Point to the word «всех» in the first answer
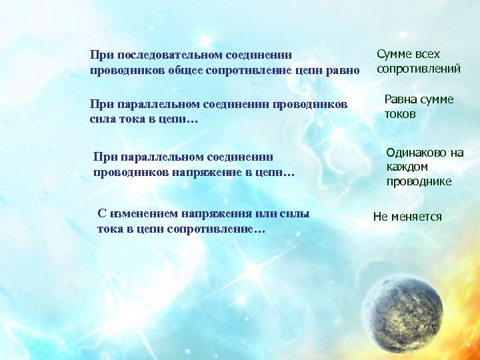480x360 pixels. (x=427, y=54)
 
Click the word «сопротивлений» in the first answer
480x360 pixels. (x=419, y=69)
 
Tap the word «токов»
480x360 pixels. (x=400, y=114)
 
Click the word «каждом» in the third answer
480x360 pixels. (x=407, y=167)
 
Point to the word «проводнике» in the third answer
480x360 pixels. (x=419, y=181)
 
